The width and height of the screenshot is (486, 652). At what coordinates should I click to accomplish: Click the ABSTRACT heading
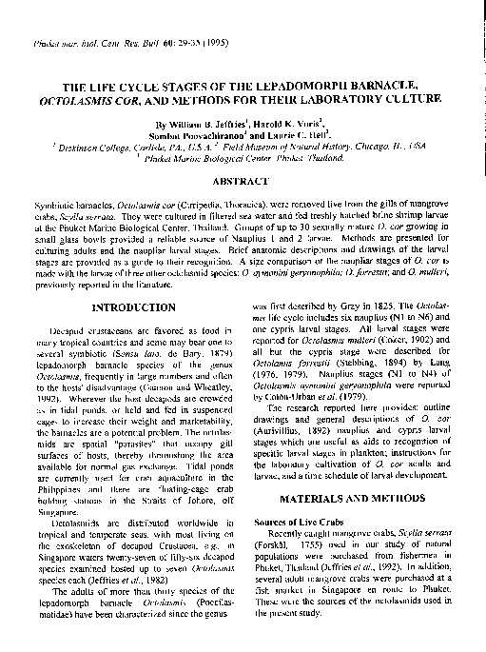click(243, 181)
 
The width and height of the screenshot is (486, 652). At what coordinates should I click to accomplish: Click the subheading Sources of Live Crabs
click(301, 523)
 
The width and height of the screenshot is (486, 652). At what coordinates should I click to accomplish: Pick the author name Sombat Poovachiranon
click(202, 137)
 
